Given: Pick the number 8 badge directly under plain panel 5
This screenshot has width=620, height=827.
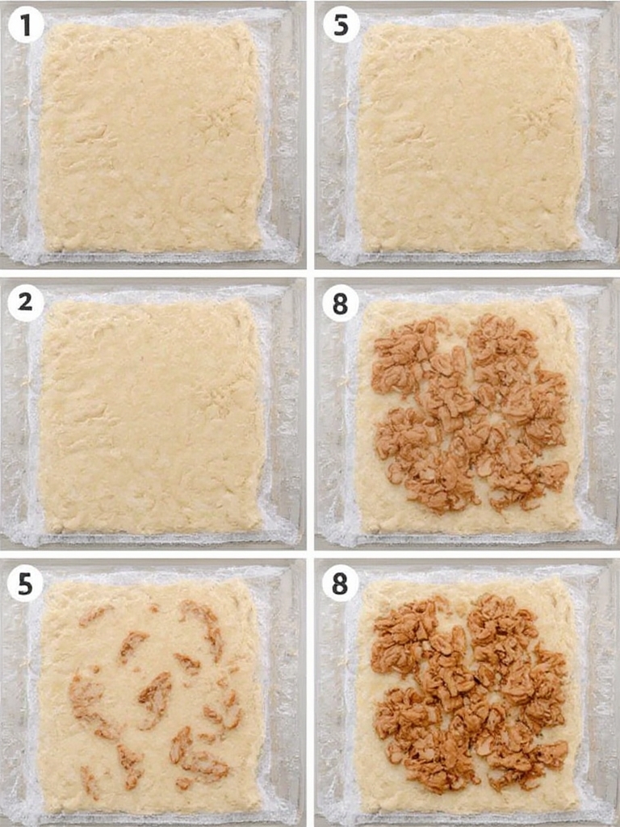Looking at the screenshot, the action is pos(341,304).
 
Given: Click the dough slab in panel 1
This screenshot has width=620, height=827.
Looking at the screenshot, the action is pos(151,137).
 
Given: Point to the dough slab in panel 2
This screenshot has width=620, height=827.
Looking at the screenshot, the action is pos(151,416).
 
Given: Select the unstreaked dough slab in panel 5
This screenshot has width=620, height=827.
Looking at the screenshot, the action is pos(468,137).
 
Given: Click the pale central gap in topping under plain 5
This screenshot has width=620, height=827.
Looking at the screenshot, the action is pos(493,419).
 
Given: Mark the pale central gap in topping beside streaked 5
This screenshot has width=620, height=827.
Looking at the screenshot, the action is pos(493,699).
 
